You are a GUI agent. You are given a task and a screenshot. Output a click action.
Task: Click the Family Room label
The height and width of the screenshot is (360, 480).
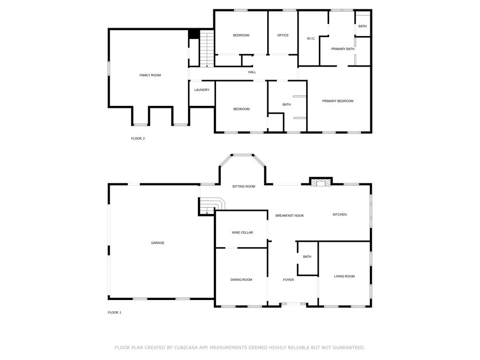coord(150,75)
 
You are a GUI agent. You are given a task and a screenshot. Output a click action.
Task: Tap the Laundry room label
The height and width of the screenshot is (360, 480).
coord(202,90)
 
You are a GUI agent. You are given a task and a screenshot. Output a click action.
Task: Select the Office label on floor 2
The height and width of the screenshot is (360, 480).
coord(283,36)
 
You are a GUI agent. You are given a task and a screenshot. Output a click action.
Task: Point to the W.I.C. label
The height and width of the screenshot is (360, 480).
coord(311,38)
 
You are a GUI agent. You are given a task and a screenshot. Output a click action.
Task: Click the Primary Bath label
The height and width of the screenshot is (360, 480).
coord(343,49)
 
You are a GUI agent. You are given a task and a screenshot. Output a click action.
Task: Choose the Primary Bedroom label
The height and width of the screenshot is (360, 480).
coord(337,101)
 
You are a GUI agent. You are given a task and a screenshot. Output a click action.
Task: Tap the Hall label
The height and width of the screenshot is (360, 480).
coord(252,72)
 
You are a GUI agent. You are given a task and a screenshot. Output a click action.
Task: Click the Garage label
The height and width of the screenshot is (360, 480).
coord(157,243)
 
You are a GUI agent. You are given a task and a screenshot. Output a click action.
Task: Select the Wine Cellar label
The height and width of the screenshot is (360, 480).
coord(242,232)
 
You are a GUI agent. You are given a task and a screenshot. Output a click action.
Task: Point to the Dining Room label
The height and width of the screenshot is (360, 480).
coord(241,280)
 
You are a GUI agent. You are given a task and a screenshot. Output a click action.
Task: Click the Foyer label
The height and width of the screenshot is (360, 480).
coord(288,280)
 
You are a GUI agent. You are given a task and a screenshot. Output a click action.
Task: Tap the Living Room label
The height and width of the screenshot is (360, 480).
coord(344,277)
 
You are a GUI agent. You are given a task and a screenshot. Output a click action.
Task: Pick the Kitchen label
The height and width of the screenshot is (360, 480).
coord(339,215)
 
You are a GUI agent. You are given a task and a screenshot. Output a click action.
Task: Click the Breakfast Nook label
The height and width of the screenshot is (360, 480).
coord(290,216)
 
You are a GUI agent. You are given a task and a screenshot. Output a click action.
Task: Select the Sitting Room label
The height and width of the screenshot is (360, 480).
coord(244,187)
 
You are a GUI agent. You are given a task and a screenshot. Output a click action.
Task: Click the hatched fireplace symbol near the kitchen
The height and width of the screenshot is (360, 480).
coord(321,183)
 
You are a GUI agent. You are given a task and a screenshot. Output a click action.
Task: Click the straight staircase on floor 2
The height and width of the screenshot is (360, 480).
coord(207,48)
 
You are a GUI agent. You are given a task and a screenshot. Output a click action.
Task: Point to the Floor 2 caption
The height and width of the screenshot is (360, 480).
coord(138,139)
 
